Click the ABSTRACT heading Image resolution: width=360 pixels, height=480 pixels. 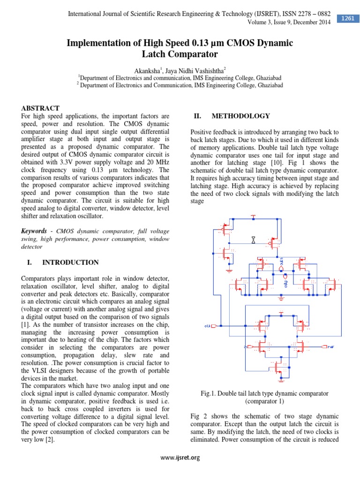[40, 108]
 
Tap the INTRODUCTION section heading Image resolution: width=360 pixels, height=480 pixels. [70, 262]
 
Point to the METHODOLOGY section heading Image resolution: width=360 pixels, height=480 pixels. [240, 116]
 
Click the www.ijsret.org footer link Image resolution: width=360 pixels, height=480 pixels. [180, 457]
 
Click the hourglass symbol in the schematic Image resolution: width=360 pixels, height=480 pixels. [253, 240]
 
